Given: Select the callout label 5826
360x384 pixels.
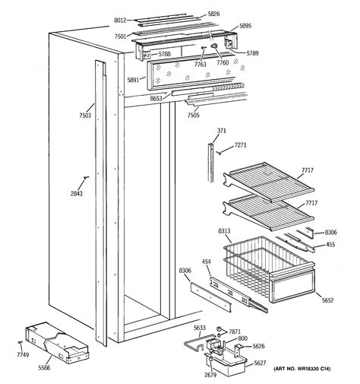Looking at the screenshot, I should (x=213, y=14).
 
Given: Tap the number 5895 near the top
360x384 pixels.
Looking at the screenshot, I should (x=245, y=26).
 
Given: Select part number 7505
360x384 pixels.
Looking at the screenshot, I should (x=193, y=116).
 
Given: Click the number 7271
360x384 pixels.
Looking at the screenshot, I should (x=240, y=144).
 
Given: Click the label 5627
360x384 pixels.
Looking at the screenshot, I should (x=260, y=363).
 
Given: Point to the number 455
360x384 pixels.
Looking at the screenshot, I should (x=330, y=244).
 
